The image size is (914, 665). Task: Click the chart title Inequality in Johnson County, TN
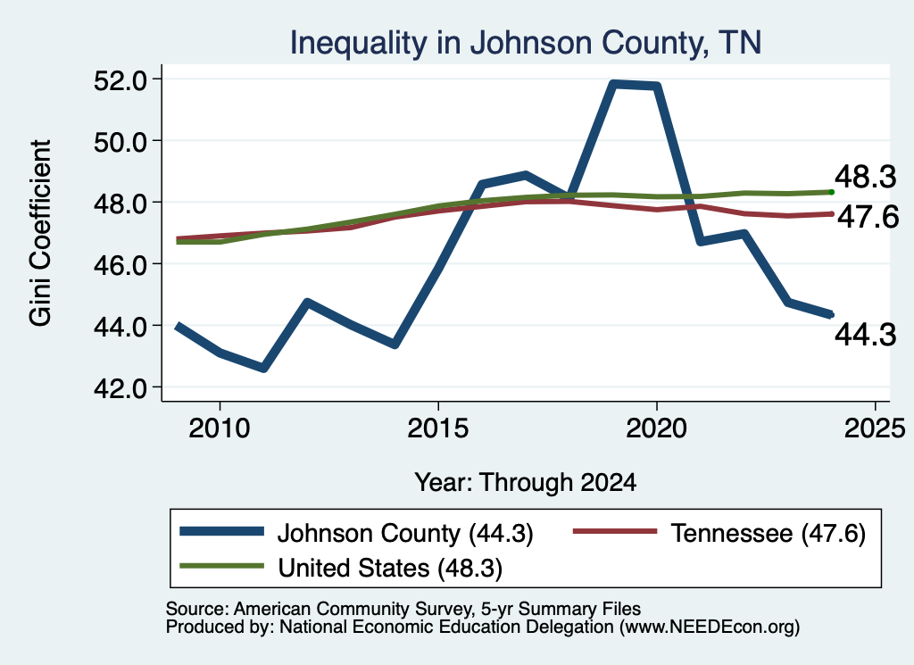(525, 43)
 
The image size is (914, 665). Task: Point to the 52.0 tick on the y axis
(120, 79)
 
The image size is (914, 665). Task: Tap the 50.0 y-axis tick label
(120, 142)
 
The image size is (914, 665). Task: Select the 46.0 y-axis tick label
(120, 264)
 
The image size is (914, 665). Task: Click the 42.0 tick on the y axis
(120, 388)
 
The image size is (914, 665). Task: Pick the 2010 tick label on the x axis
(220, 429)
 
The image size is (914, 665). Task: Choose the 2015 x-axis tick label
(437, 429)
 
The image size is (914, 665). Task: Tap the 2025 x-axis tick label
(875, 429)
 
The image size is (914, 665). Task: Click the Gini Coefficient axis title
(40, 233)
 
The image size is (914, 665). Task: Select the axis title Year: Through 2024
(525, 483)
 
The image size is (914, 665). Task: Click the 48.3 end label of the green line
(865, 177)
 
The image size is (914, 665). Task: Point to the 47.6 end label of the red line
(868, 218)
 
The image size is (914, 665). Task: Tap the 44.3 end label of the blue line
(865, 335)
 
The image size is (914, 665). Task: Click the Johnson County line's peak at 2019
(613, 85)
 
